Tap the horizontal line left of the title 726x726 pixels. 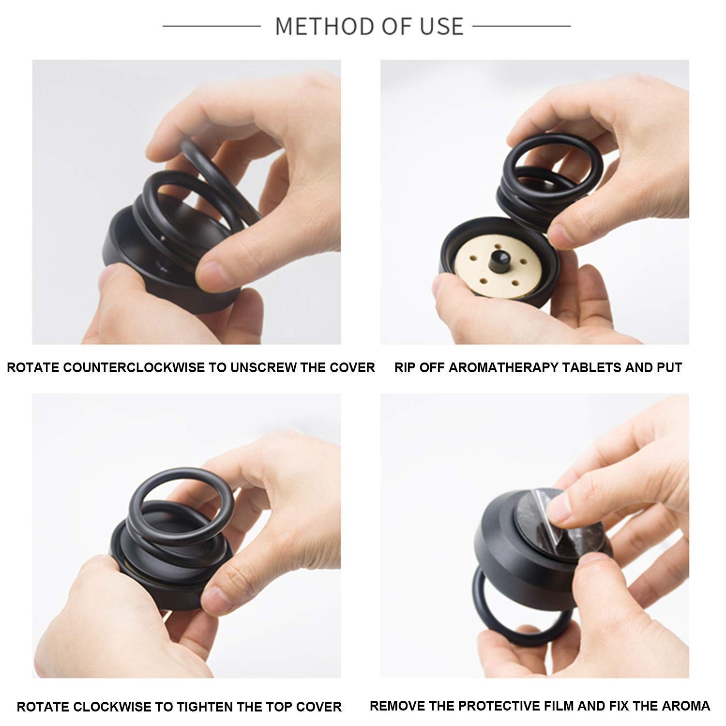pyautogui.click(x=212, y=26)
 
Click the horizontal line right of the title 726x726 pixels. pyautogui.click(x=521, y=26)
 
